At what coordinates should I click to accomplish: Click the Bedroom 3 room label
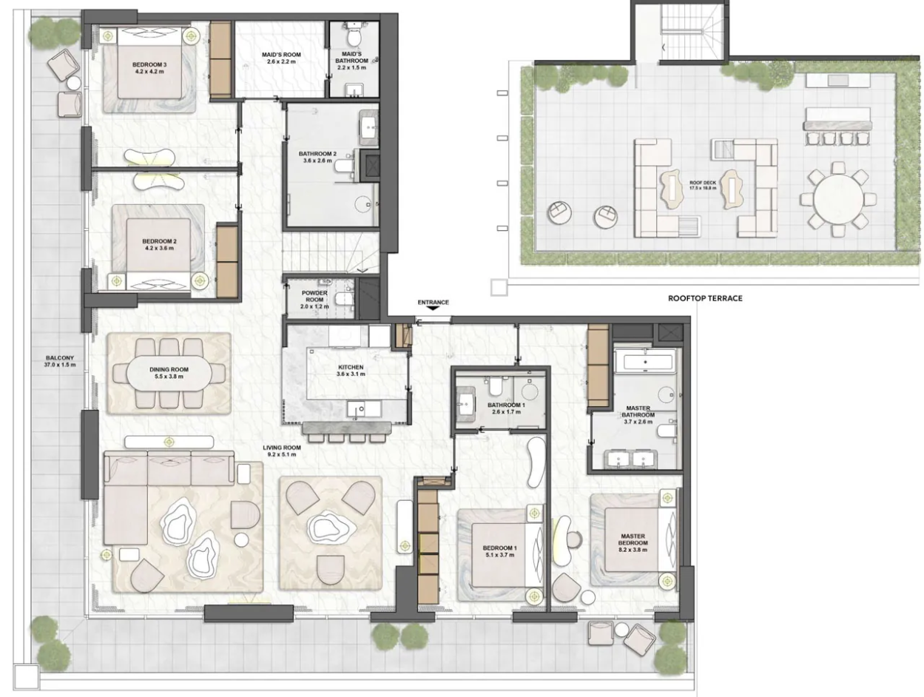coord(149,68)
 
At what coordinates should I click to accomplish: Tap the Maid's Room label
coord(281,58)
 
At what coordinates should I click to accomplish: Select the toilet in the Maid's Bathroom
coord(353,36)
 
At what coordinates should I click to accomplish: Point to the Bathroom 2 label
coord(317,157)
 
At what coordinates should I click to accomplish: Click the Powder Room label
coord(314,299)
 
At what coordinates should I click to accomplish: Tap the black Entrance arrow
coord(434,308)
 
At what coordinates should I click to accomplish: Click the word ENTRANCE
coord(434,302)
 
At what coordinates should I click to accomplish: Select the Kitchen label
coord(351,371)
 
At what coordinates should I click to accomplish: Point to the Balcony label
coord(60,361)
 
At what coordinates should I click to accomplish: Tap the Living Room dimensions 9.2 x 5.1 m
coord(282,454)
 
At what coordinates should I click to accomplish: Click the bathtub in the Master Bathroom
coord(644,363)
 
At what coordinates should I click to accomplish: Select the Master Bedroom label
coord(633,542)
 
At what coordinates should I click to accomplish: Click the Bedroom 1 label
coord(499,551)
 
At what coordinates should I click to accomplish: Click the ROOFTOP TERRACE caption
coord(705,298)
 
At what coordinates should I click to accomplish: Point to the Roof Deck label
coord(703,186)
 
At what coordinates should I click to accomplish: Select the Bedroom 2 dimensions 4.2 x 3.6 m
coord(159,248)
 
